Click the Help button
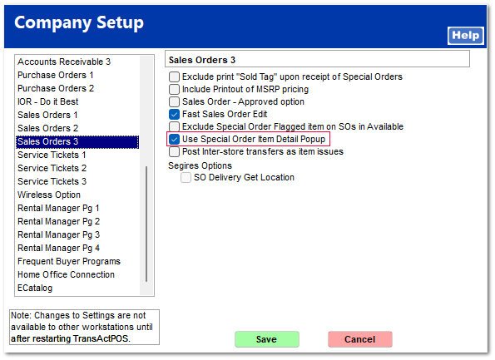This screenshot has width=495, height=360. coord(466,36)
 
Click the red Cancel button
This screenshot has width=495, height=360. coord(360,339)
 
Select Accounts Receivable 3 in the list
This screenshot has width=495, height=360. coord(64,62)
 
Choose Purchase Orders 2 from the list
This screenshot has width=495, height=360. coord(56,88)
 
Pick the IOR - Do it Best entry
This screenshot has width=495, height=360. coord(48,101)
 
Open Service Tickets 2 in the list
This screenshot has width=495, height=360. coord(52,168)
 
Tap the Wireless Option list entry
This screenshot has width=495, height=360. coord(49,195)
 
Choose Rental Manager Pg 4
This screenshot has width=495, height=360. coord(59,248)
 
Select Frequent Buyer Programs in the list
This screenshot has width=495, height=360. coord(69,261)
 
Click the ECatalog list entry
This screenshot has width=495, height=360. coord(35,288)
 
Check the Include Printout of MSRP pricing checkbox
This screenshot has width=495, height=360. coord(174,89)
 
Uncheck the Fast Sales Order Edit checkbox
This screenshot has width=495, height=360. coord(174,114)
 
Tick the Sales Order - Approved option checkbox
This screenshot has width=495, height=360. coord(174,101)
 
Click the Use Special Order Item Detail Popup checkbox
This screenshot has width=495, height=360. coord(174,139)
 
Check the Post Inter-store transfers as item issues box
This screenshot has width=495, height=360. coord(174,152)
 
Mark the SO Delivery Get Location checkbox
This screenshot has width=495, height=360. coord(186,177)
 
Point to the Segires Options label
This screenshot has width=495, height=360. coord(200,165)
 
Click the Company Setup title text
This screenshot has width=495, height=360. coord(79,22)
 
